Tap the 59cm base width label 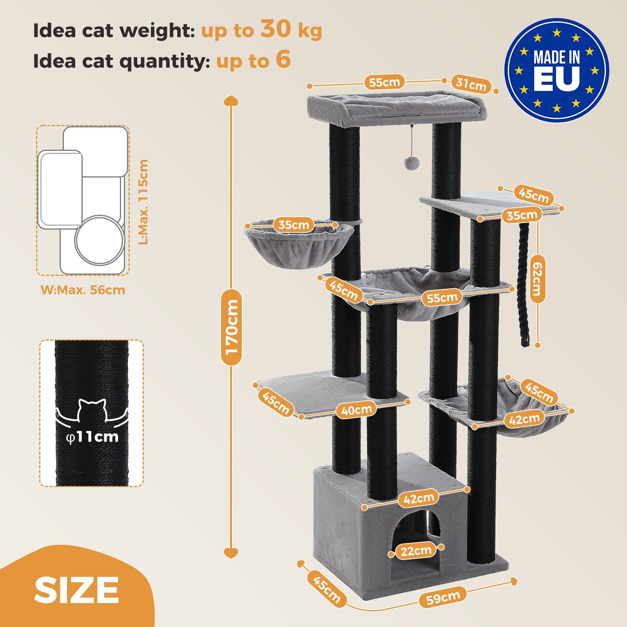click(443, 598)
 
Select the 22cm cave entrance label click(416, 551)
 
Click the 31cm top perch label click(471, 85)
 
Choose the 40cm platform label click(356, 410)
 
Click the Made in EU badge click(556, 71)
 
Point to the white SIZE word click(76, 590)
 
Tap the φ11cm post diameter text click(92, 437)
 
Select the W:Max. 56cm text click(83, 290)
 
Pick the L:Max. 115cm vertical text click(144, 202)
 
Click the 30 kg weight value click(291, 30)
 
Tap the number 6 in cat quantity click(283, 60)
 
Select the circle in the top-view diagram click(100, 240)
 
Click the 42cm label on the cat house click(419, 498)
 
